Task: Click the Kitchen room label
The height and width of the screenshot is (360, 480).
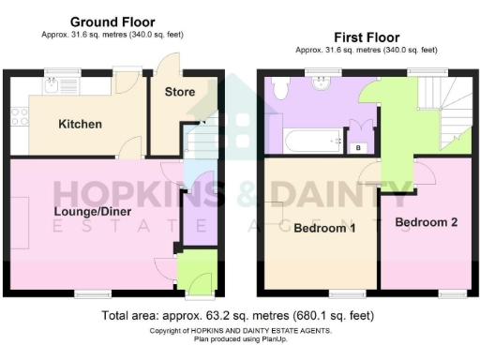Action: tap(80, 125)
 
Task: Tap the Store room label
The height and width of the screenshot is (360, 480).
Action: tap(180, 92)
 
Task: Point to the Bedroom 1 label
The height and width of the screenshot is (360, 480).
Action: tap(324, 228)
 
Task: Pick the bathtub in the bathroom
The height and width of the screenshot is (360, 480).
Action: tap(310, 142)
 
